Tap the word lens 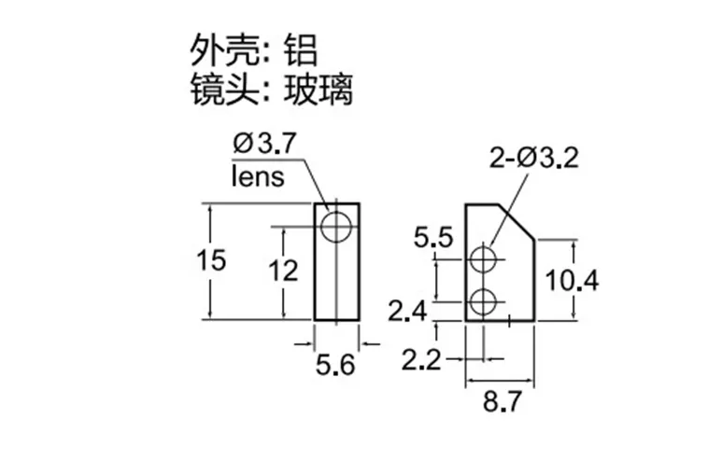(257, 176)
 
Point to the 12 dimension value (282, 272)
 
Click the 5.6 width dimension (336, 366)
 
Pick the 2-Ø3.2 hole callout (534, 160)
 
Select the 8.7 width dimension (502, 404)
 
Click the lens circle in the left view (335, 226)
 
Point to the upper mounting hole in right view (484, 258)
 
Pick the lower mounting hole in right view (484, 301)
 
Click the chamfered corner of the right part (517, 220)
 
